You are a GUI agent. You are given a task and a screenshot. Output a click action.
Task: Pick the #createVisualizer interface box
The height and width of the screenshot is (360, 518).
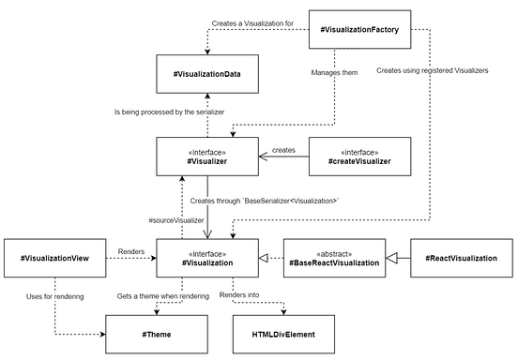[360, 155]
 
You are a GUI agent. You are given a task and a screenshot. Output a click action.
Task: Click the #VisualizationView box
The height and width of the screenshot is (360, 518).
[53, 257]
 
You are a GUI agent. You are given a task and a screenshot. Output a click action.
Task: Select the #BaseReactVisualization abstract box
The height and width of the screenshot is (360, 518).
[333, 257]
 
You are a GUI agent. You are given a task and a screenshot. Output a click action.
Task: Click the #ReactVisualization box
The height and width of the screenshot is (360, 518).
[461, 257]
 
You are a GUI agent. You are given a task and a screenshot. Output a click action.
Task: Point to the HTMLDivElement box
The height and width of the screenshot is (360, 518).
[282, 334]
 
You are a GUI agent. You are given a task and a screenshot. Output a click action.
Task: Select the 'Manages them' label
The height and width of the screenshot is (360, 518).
[333, 71]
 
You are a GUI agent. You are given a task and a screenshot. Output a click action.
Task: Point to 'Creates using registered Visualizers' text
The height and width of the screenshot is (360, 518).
[432, 71]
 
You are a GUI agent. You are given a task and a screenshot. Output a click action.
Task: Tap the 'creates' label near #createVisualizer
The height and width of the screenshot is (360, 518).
[284, 149]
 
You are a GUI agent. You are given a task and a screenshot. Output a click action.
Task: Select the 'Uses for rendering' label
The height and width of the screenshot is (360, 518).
[55, 296]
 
